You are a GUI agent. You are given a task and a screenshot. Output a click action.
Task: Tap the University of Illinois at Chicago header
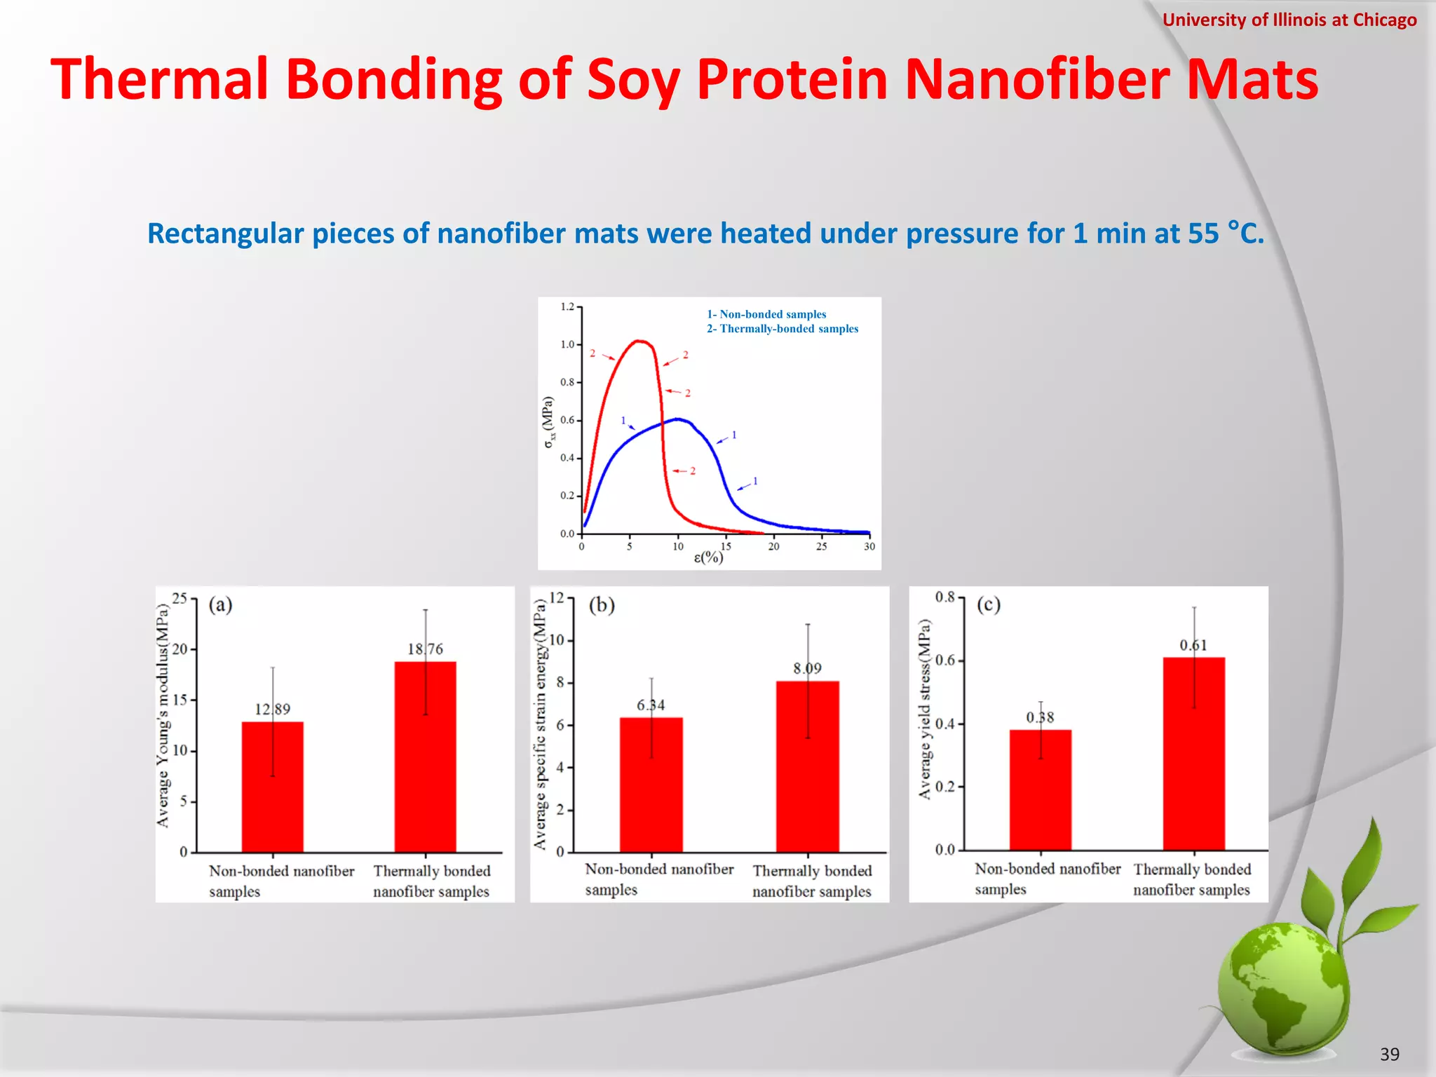(1289, 20)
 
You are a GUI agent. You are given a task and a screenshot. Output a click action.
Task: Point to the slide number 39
(1389, 1054)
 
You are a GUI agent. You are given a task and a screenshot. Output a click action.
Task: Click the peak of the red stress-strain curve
(639, 341)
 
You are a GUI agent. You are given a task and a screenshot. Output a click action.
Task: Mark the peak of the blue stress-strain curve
(677, 419)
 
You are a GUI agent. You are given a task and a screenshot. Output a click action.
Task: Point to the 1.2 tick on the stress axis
(567, 306)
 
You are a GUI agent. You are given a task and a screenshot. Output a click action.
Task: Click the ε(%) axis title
(708, 557)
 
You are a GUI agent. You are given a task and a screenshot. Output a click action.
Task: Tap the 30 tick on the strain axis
(869, 546)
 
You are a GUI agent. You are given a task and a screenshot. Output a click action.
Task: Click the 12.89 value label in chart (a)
(272, 709)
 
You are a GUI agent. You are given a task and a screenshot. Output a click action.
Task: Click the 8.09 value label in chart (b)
(807, 668)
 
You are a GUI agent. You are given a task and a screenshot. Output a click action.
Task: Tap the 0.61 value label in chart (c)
(1193, 645)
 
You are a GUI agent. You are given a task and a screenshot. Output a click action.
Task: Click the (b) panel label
(602, 604)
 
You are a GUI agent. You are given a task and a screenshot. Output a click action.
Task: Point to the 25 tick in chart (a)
(179, 598)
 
